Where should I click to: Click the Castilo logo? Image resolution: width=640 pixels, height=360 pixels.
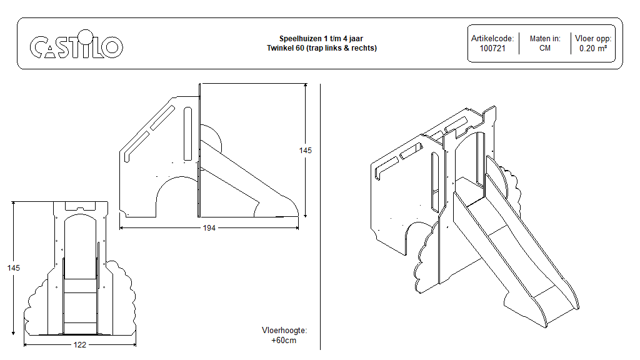[76, 46]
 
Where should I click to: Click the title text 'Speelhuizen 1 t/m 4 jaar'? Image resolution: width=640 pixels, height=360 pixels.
[321, 39]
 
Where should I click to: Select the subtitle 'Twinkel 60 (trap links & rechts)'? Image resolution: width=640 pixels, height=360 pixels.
[321, 47]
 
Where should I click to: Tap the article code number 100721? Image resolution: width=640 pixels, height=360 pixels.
[492, 48]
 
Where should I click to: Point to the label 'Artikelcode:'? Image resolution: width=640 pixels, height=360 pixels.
[492, 39]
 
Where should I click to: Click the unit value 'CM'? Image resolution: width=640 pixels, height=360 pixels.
[545, 48]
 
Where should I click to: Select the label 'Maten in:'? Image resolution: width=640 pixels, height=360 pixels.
[545, 39]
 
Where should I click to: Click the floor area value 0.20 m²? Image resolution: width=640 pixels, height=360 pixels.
[593, 48]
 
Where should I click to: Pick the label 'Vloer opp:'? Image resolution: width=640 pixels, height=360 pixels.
[593, 39]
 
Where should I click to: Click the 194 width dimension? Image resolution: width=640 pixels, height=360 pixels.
[209, 228]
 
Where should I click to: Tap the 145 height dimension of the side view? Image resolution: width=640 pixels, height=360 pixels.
[305, 151]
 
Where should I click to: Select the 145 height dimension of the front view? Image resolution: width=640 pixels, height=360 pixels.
[13, 267]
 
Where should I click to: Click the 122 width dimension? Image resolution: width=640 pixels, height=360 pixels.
[79, 344]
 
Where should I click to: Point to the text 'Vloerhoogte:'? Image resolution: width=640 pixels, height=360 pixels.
[284, 331]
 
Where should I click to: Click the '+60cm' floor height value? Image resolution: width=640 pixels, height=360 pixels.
[284, 341]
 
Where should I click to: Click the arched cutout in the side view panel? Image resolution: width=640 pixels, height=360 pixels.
[177, 197]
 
